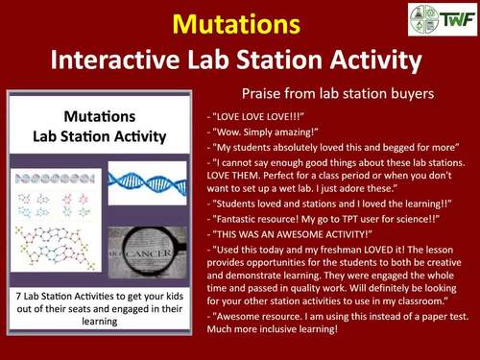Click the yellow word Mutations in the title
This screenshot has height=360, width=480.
[239, 21]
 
